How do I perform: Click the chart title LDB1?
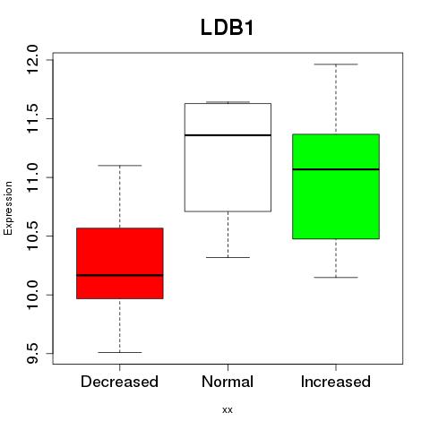point(227,28)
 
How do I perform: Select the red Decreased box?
point(120,263)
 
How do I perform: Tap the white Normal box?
point(228,158)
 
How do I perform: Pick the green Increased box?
point(336,186)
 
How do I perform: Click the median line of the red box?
point(120,275)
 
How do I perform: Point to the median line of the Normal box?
point(228,135)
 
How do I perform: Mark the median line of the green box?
point(336,169)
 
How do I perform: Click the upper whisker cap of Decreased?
point(120,166)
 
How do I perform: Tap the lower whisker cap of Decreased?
point(120,352)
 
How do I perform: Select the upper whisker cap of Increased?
point(336,64)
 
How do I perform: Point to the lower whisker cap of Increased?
point(336,278)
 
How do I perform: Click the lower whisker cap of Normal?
point(228,257)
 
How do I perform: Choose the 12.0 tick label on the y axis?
point(32,60)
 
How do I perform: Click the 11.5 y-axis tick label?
point(32,118)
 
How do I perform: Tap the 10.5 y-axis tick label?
point(32,236)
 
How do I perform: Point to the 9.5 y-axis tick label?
point(32,354)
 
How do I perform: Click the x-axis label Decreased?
point(119,382)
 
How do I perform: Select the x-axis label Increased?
point(336,382)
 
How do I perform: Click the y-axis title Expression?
point(8,209)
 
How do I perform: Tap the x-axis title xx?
point(228,410)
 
